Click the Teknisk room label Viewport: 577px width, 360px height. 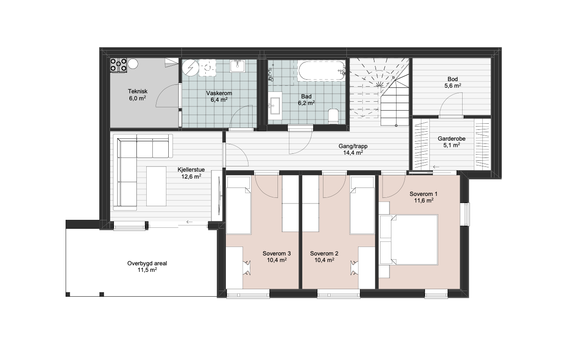click(x=137, y=91)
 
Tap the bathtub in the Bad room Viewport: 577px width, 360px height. click(x=321, y=71)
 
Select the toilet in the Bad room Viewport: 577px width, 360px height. click(x=333, y=116)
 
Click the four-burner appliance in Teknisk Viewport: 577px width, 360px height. click(x=119, y=65)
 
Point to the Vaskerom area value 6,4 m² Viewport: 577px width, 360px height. click(x=219, y=100)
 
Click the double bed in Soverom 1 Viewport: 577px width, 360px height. click(x=414, y=240)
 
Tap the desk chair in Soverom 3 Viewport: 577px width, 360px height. click(x=247, y=268)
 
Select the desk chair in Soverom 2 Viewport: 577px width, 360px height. click(x=354, y=268)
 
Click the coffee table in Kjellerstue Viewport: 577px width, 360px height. click(x=157, y=186)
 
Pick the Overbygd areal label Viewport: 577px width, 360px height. click(x=147, y=263)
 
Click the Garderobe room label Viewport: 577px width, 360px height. click(x=451, y=139)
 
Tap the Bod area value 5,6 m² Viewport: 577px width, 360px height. click(x=453, y=86)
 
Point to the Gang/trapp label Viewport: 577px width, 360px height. click(x=353, y=146)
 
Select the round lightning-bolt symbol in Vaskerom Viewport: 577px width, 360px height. click(x=191, y=68)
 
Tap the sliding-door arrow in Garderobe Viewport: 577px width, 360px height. click(x=436, y=167)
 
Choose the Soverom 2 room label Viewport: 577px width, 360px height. click(x=324, y=254)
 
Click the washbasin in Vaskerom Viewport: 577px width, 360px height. click(x=238, y=66)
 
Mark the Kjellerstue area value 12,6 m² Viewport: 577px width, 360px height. click(x=191, y=177)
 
